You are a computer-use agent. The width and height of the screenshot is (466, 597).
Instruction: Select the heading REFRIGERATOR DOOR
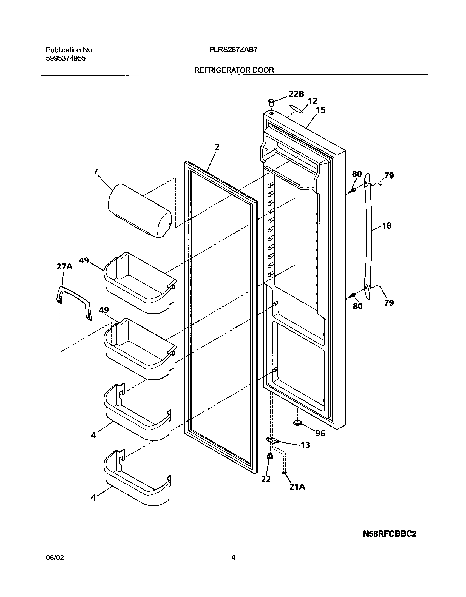[x=234, y=70]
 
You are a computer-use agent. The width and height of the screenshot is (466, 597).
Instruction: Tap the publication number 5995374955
[x=66, y=58]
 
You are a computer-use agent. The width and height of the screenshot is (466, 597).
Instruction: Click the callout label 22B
[x=296, y=94]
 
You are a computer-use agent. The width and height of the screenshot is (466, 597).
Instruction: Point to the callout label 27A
[x=64, y=266]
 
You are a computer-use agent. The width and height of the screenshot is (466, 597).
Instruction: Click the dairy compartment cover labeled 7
[x=140, y=211]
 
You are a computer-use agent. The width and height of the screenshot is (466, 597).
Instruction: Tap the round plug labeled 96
[x=297, y=423]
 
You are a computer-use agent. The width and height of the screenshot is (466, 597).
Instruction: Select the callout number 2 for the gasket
[x=217, y=147]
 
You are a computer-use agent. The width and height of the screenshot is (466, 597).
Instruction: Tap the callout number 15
[x=320, y=110]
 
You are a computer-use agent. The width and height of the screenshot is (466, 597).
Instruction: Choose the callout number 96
[x=320, y=433]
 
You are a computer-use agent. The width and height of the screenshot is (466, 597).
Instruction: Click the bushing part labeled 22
[x=270, y=456]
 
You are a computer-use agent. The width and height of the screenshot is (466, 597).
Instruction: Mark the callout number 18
[x=387, y=226]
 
